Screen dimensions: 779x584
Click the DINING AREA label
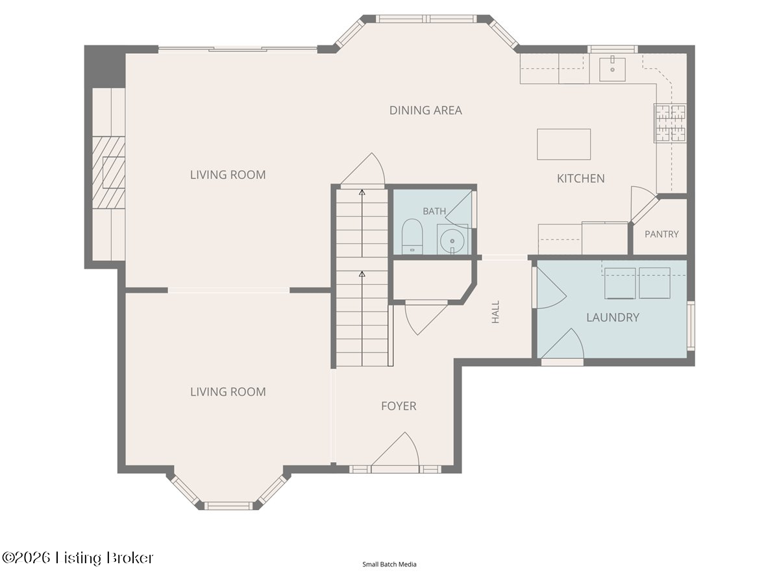point(425,110)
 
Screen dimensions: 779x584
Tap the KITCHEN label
point(580,178)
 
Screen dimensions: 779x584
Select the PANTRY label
point(662,234)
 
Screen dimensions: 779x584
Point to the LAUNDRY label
point(613,317)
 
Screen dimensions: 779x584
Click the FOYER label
point(399,406)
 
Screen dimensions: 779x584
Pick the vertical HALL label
point(495,312)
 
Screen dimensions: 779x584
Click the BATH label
point(434,212)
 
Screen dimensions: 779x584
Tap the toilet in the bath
point(412,236)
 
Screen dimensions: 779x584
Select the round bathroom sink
point(452,241)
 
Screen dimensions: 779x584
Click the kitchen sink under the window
point(612,69)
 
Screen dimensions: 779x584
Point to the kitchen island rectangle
point(563,144)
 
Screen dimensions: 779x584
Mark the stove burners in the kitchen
point(670,123)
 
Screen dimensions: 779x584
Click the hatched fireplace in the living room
point(108,173)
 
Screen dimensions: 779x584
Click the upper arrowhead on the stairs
point(362,193)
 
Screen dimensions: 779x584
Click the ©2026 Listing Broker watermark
point(78,558)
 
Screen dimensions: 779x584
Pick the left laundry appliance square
point(620,284)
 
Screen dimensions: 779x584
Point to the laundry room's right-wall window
point(691,326)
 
